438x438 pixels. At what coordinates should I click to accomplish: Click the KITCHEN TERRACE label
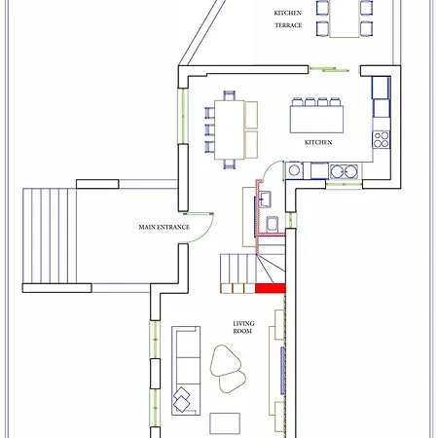click(x=287, y=18)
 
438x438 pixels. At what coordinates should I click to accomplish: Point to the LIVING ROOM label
click(x=242, y=327)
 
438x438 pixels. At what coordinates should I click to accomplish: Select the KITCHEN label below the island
click(x=318, y=142)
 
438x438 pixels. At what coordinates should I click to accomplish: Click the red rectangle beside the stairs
click(x=270, y=287)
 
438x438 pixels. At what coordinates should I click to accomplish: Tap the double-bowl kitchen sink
click(x=343, y=171)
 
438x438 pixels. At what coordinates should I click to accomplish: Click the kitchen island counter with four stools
click(x=316, y=118)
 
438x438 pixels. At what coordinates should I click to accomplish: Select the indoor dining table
click(x=229, y=127)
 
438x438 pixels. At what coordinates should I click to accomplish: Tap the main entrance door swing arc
click(x=200, y=226)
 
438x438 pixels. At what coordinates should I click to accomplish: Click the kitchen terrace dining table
click(x=345, y=19)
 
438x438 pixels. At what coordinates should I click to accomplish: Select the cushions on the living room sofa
click(x=182, y=398)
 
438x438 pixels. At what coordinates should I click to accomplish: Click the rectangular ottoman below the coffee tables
click(x=226, y=422)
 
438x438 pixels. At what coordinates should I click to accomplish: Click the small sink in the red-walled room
click(x=265, y=201)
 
